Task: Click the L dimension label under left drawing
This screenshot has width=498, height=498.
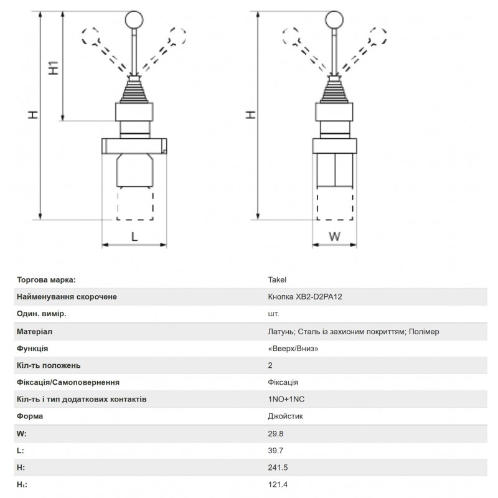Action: click(134, 236)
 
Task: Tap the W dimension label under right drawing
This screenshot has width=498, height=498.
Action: click(334, 237)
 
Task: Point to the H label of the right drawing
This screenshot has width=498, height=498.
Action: click(249, 115)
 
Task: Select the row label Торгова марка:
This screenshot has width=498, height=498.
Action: click(47, 280)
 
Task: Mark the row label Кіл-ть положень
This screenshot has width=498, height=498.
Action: click(49, 365)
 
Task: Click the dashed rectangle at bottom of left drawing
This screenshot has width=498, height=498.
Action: click(134, 205)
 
